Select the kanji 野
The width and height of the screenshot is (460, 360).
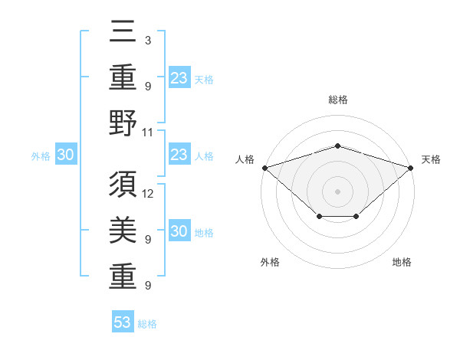(x=123, y=123)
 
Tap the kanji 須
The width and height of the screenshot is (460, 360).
(x=123, y=185)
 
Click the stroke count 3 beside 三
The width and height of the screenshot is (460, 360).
(x=147, y=40)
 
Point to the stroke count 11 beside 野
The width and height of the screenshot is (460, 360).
(x=148, y=132)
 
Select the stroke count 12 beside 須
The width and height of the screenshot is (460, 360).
(x=148, y=193)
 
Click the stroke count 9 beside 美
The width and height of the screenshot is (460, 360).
(x=147, y=239)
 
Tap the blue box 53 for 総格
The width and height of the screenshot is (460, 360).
(x=123, y=322)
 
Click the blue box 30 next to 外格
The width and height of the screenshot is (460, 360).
(x=65, y=155)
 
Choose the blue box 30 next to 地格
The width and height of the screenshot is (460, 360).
(x=179, y=232)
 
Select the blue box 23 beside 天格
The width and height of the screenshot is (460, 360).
(x=179, y=77)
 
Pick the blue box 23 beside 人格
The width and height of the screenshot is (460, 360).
(x=179, y=155)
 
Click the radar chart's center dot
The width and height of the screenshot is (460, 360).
(x=337, y=191)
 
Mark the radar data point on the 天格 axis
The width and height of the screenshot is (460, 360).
(x=412, y=167)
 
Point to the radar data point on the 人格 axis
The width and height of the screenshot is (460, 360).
(x=264, y=167)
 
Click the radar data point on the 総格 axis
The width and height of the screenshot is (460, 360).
(x=337, y=146)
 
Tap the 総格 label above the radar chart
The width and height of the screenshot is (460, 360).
(x=337, y=100)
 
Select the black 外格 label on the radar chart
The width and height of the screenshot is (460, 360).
(x=270, y=262)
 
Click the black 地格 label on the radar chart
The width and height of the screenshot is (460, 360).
(x=402, y=262)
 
